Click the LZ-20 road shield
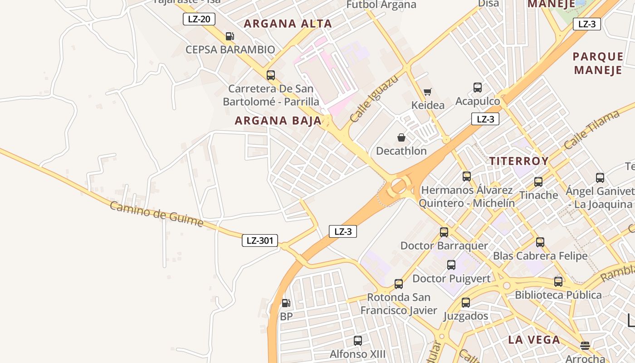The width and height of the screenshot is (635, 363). coord(199,19)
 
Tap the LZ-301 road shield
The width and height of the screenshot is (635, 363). coord(259,240)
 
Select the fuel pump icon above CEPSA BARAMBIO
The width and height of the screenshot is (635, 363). coord(230,36)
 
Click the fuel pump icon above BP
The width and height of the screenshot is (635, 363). coord(286,303)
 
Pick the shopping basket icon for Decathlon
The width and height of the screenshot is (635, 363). coord(401,137)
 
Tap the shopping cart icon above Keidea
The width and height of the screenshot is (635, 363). coord(427,92)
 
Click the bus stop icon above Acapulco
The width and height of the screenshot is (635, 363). coord(477,88)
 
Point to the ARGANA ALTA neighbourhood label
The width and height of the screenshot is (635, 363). coord(288,24)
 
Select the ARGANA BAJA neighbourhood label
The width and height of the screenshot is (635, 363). coord(278,121)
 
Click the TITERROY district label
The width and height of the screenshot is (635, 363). coord(519,161)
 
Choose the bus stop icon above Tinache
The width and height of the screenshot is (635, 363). coord(538,182)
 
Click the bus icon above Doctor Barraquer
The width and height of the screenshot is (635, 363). coord(444,232)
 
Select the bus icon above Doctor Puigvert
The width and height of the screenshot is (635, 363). coord(451,265)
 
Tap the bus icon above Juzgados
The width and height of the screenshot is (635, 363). coord(465,303)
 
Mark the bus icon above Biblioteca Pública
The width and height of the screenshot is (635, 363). coord(558,282)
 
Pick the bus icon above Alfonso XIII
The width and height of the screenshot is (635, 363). coord(357,340)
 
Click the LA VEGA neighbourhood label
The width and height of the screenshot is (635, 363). coord(534,339)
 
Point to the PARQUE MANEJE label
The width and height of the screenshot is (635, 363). coord(598,63)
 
